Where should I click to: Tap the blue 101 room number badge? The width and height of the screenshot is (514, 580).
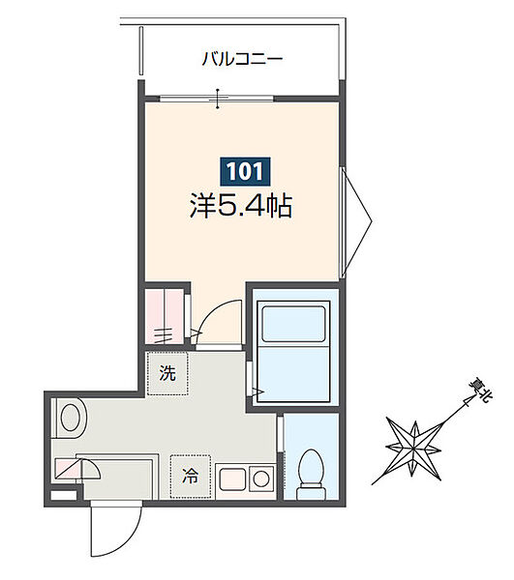[x=243, y=173]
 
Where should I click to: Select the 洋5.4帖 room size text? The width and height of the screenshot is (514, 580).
[x=243, y=206]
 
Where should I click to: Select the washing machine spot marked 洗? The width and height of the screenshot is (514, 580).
[x=167, y=374]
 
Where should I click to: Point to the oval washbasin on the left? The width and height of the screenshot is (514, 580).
[x=71, y=419]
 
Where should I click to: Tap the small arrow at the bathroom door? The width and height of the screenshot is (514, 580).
[x=258, y=391]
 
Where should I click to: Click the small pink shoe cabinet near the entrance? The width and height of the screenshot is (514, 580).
[x=76, y=469]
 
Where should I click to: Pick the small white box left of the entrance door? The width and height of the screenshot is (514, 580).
[x=62, y=496]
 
